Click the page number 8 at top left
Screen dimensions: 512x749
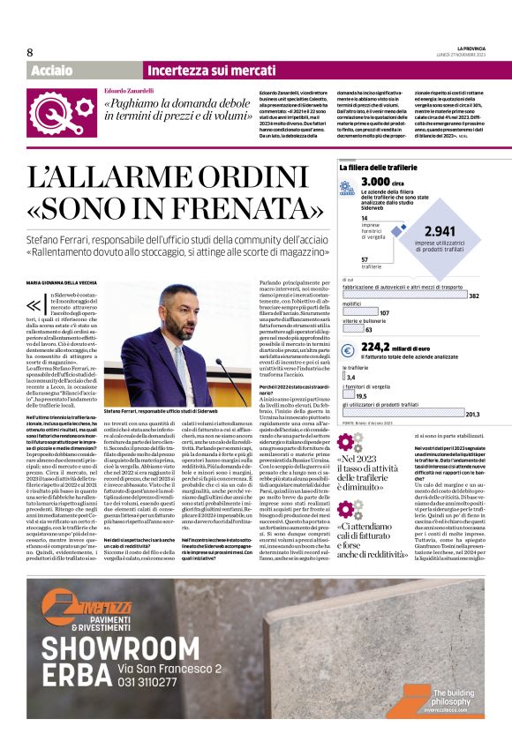pyautogui.click(x=30, y=52)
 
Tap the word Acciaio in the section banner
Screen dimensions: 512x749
pyautogui.click(x=52, y=71)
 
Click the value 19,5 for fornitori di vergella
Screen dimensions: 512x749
pyautogui.click(x=361, y=396)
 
